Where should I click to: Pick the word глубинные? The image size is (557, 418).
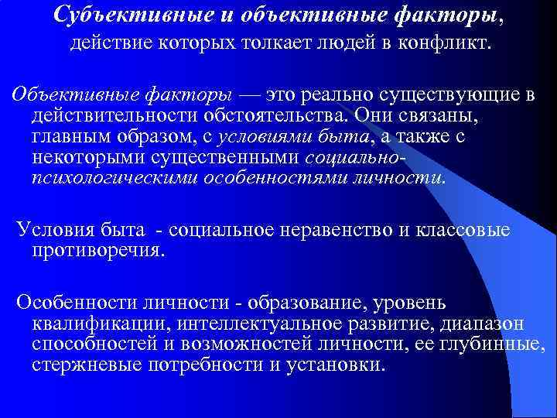point(503,344)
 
